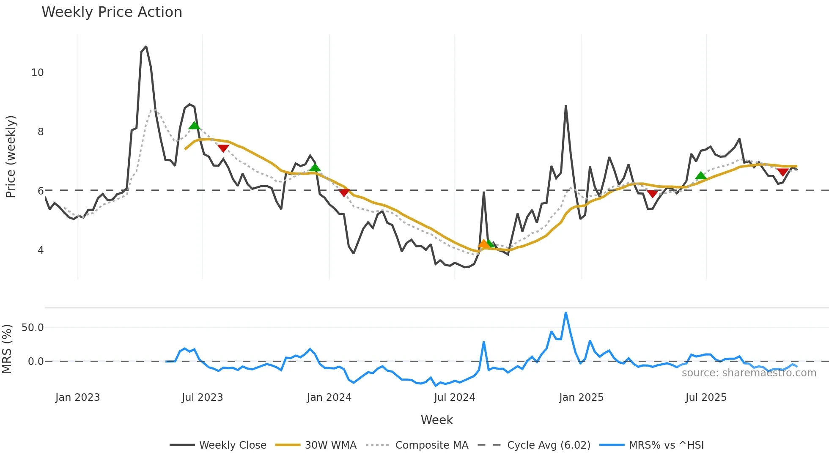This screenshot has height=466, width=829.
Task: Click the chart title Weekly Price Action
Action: coord(112,12)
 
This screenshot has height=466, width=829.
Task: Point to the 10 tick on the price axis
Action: coord(38,73)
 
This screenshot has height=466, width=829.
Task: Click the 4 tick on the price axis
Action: coord(41,250)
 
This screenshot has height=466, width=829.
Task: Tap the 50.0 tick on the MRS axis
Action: coord(33,328)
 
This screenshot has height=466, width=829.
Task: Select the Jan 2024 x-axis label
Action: coord(329,397)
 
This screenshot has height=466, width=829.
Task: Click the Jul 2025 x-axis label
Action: coord(706,397)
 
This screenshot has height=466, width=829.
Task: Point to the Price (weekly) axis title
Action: coord(11,156)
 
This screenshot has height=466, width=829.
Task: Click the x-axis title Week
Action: coord(436,420)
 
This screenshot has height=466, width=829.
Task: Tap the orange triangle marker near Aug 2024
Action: coord(483,244)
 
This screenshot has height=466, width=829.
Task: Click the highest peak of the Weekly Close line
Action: coord(146,47)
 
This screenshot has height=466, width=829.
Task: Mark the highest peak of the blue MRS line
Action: coord(566,313)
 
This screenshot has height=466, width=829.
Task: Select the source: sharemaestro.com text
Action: coord(749,373)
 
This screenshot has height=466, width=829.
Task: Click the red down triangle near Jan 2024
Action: coord(344,193)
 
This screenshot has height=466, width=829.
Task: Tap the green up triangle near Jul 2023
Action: coord(194,126)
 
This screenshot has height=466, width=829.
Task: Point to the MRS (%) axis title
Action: coord(7,349)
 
